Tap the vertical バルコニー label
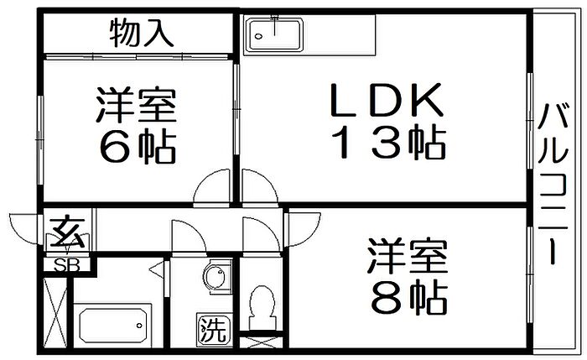click(x=552, y=185)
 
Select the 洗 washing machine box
click(x=212, y=330)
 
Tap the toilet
click(x=262, y=306)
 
